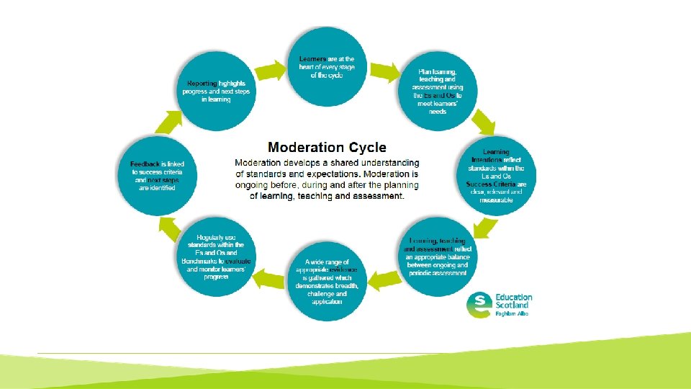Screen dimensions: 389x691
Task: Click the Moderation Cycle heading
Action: [x=327, y=148]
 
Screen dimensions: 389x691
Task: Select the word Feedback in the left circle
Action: [x=139, y=164]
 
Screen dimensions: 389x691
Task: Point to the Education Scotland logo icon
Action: [x=479, y=305]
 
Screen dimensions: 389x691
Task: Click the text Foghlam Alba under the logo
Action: [x=512, y=313]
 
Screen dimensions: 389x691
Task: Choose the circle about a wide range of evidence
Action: [x=326, y=282]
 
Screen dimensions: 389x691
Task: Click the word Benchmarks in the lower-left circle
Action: [x=203, y=261]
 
